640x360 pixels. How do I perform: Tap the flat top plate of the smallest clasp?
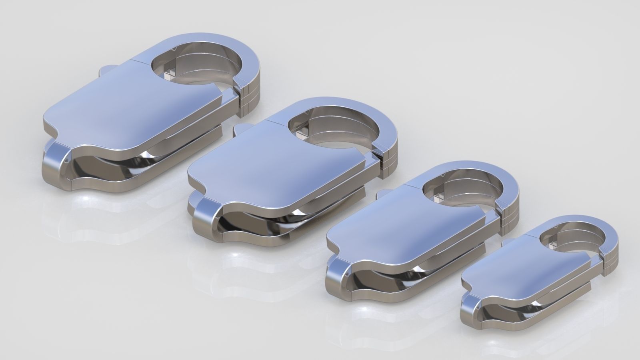[x=520, y=272]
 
